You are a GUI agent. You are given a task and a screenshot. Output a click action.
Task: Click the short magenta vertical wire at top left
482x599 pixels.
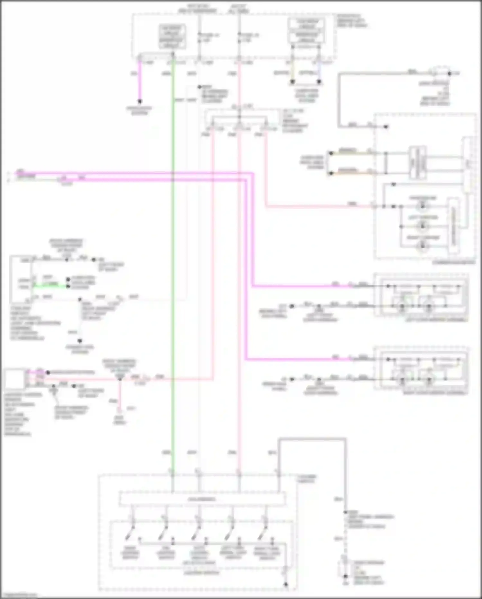pos(140,80)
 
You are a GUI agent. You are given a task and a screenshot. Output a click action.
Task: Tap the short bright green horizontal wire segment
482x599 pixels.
pos(50,285)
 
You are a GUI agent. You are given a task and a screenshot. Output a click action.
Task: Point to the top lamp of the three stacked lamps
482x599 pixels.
pos(423,205)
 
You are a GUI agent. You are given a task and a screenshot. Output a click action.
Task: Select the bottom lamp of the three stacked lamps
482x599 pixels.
pos(423,246)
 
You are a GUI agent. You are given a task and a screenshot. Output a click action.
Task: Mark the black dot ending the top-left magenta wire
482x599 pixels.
pos(140,102)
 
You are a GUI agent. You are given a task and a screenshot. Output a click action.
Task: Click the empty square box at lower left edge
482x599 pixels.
pos(15,379)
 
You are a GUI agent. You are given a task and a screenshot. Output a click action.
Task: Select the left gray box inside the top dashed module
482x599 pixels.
pos(172,36)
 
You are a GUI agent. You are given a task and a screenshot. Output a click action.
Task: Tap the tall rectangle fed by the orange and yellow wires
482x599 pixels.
pos(418,163)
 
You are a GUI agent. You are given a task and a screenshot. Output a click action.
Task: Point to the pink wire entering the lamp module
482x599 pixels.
pos(322,206)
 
